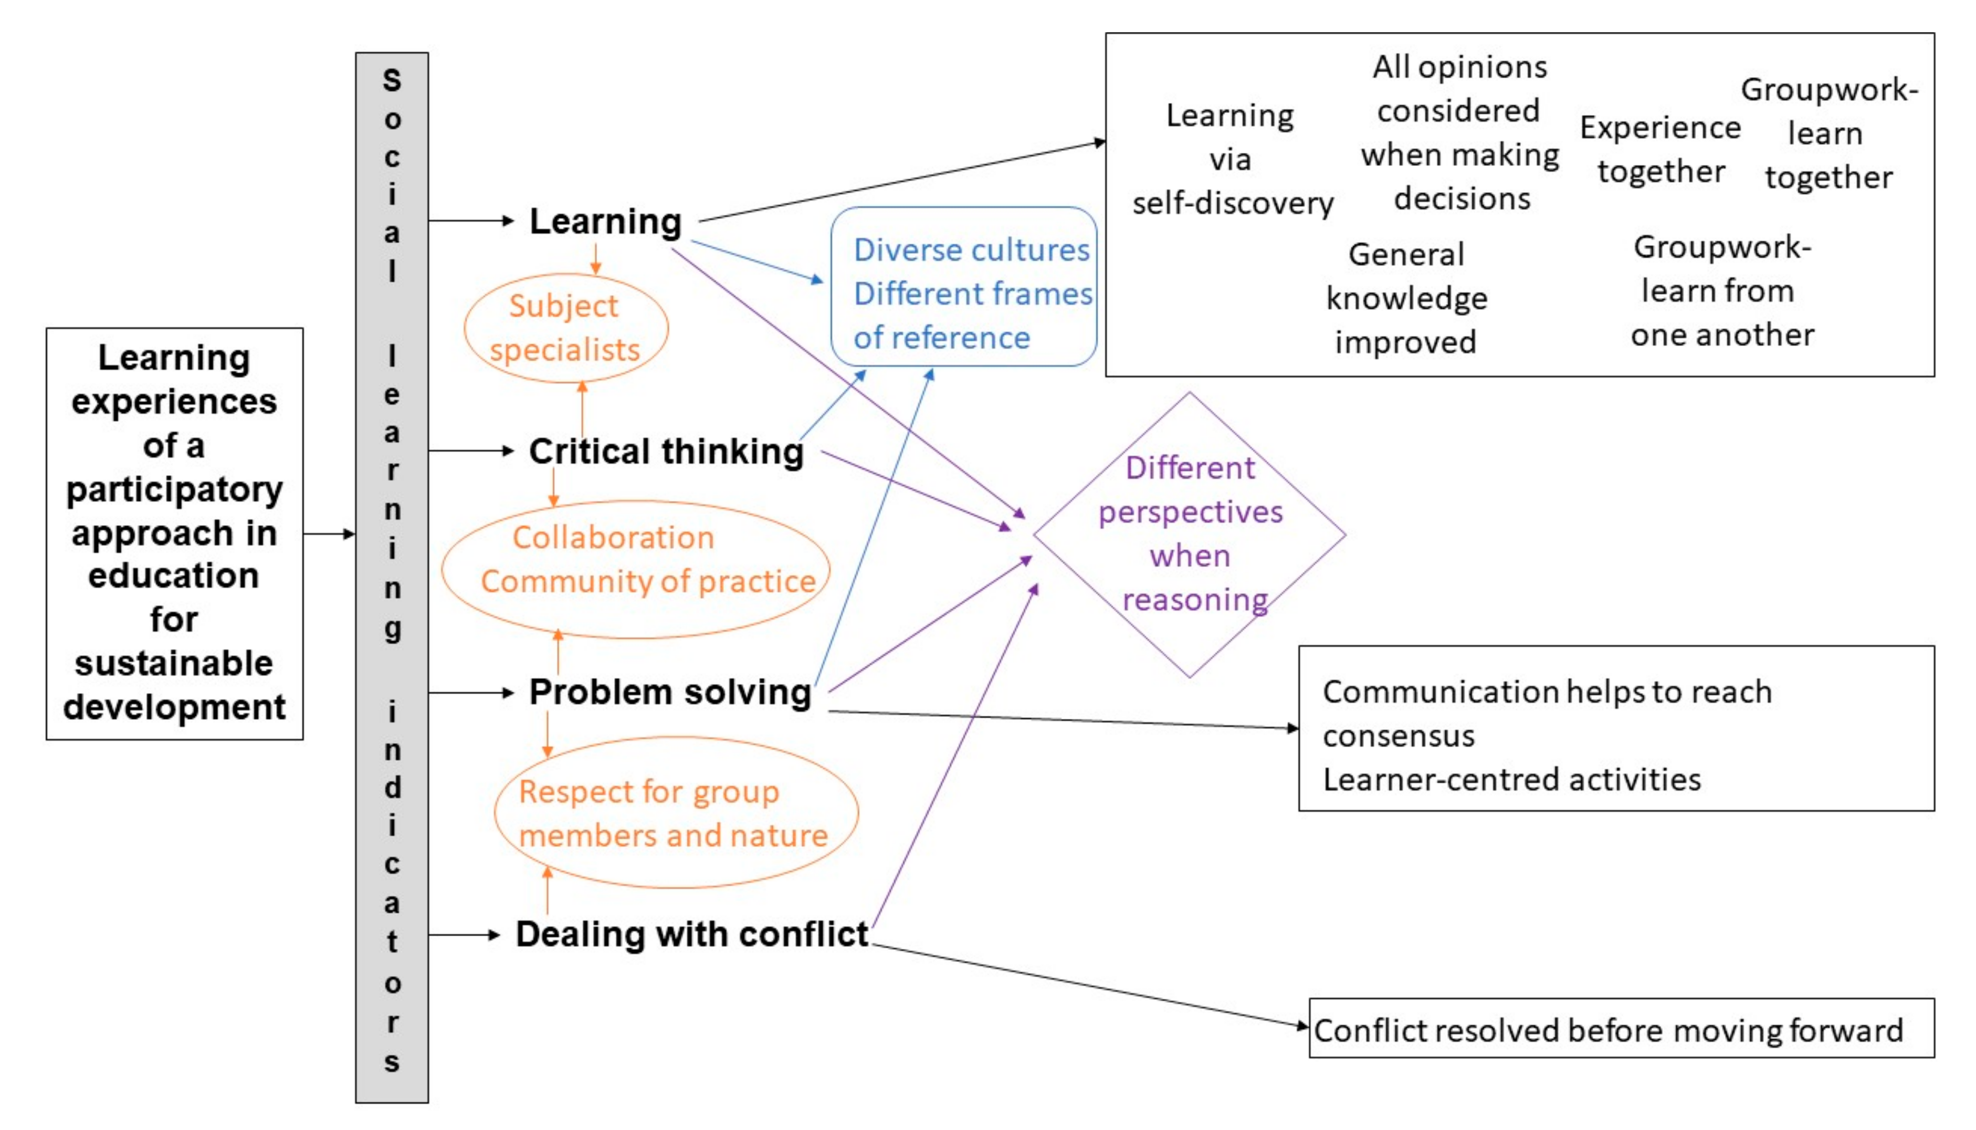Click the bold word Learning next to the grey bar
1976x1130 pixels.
pyautogui.click(x=605, y=222)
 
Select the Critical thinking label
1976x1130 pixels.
pyautogui.click(x=666, y=452)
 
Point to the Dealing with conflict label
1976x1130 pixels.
pyautogui.click(x=691, y=935)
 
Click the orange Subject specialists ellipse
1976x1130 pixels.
pyautogui.click(x=565, y=328)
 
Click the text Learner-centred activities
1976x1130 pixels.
pyautogui.click(x=1511, y=780)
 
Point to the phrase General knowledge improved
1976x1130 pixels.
pyautogui.click(x=1406, y=299)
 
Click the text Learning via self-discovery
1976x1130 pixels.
pyautogui.click(x=1232, y=160)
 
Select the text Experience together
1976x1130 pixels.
pyautogui.click(x=1660, y=150)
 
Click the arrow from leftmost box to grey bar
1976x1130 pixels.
pyautogui.click(x=329, y=534)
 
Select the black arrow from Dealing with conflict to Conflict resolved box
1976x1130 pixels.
pyautogui.click(x=1086, y=987)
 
